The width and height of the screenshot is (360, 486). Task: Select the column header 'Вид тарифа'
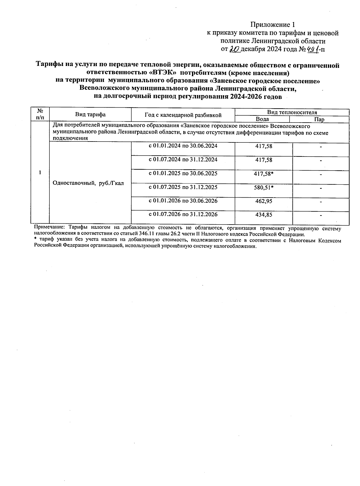90,115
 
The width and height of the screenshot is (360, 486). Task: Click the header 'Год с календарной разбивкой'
183,115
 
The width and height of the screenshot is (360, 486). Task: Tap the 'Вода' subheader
262,119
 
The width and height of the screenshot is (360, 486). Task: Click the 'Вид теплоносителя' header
292,112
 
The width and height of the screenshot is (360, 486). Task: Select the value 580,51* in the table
264,188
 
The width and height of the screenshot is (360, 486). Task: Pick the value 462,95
264,201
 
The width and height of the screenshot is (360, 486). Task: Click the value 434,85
264,215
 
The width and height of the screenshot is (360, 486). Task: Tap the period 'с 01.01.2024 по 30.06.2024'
183,146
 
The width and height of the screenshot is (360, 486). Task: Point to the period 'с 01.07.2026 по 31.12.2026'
183,214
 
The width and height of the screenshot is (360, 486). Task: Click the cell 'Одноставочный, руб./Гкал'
88,183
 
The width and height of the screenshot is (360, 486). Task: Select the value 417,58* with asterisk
264,174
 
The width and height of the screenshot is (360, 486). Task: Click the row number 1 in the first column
40,172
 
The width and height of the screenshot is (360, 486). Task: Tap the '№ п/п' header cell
40,115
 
